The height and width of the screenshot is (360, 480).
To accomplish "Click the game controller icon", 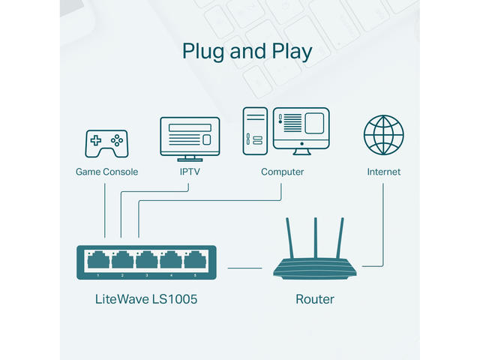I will pyautogui.click(x=106, y=142).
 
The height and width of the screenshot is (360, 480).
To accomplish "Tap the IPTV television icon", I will pyautogui.click(x=190, y=137).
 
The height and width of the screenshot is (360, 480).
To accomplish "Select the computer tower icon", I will pyautogui.click(x=255, y=130).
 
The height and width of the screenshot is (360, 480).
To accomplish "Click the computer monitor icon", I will pyautogui.click(x=302, y=129).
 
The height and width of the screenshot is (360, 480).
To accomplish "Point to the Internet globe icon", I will pyautogui.click(x=383, y=135).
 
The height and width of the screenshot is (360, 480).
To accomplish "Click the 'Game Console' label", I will pyautogui.click(x=106, y=172).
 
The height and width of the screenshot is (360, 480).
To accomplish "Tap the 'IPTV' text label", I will pyautogui.click(x=190, y=172).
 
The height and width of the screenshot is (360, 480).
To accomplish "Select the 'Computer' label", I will pyautogui.click(x=282, y=172).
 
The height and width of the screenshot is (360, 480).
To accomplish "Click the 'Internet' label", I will pyautogui.click(x=383, y=172).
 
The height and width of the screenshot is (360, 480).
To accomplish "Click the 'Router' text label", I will pyautogui.click(x=315, y=300).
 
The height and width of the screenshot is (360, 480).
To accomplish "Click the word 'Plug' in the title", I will pyautogui.click(x=205, y=52).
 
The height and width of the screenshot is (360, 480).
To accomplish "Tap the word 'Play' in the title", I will pyautogui.click(x=290, y=52).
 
